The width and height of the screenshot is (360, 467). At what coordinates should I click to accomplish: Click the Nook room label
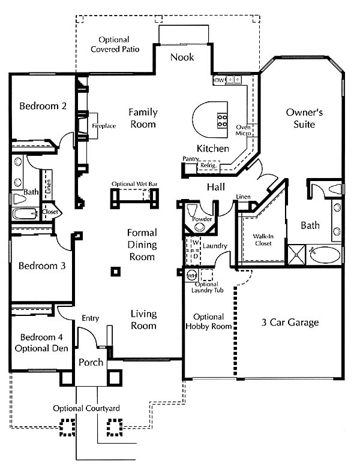pyautogui.click(x=182, y=57)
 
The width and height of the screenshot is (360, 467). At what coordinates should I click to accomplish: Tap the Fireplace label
pyautogui.click(x=104, y=126)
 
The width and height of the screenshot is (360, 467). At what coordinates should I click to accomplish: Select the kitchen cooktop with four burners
pyautogui.click(x=223, y=120)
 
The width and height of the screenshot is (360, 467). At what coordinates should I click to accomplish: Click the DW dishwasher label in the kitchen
pyautogui.click(x=220, y=80)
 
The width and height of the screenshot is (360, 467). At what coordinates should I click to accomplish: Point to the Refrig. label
pyautogui.click(x=209, y=165)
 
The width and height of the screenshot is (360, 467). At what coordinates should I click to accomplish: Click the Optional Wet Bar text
pyautogui.click(x=134, y=184)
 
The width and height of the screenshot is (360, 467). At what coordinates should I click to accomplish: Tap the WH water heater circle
pyautogui.click(x=191, y=276)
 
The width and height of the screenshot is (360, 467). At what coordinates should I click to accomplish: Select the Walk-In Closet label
pyautogui.click(x=263, y=240)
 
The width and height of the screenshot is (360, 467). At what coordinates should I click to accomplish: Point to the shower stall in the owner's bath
pyautogui.click(x=297, y=255)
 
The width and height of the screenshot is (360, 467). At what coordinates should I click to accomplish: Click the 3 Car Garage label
pyautogui.click(x=290, y=323)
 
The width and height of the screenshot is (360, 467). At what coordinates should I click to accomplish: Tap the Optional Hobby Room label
pyautogui.click(x=209, y=321)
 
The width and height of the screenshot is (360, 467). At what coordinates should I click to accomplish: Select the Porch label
pyautogui.click(x=91, y=362)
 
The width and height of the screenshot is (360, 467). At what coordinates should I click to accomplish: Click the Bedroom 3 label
pyautogui.click(x=42, y=266)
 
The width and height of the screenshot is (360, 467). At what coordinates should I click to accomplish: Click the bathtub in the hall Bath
pyautogui.click(x=25, y=213)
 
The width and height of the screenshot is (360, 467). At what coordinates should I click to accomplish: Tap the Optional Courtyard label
pyautogui.click(x=86, y=408)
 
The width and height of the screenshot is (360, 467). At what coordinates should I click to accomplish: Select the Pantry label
pyautogui.click(x=191, y=159)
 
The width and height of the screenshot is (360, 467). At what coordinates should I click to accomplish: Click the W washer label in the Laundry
pyautogui.click(x=196, y=242)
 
